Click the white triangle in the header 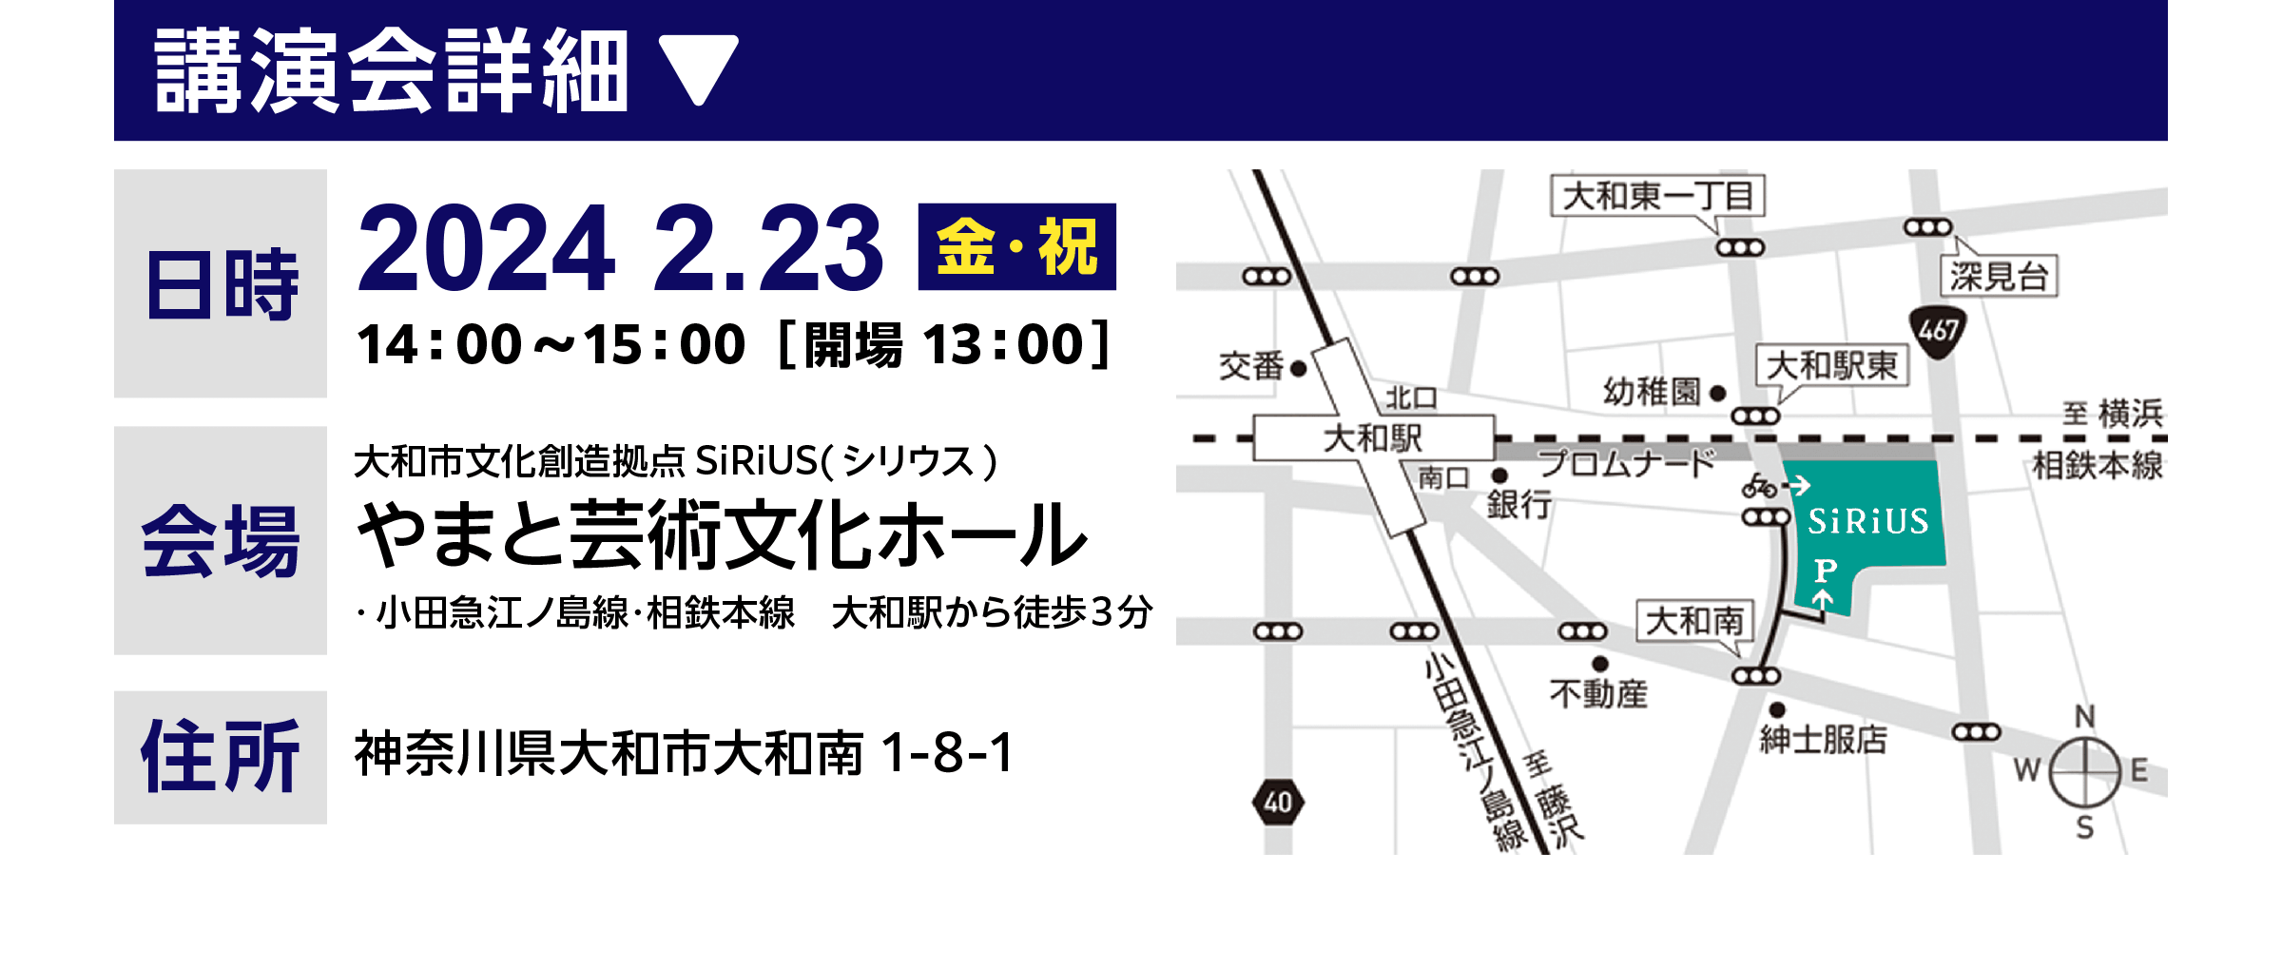point(699,68)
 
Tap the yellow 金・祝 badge point(1016,247)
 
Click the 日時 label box point(221,283)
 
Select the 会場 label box point(221,540)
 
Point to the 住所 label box point(221,757)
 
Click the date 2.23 point(768,249)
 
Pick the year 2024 point(486,249)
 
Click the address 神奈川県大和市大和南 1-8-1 point(685,753)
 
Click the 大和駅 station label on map point(1372,438)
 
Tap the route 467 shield point(1938,331)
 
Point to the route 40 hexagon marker point(1278,803)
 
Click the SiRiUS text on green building point(1867,521)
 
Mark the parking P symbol point(1825,571)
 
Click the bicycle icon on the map point(1759,487)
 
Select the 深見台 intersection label point(1998,277)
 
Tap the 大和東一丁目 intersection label point(1657,196)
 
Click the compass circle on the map point(2084,771)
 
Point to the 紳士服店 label point(1823,739)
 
